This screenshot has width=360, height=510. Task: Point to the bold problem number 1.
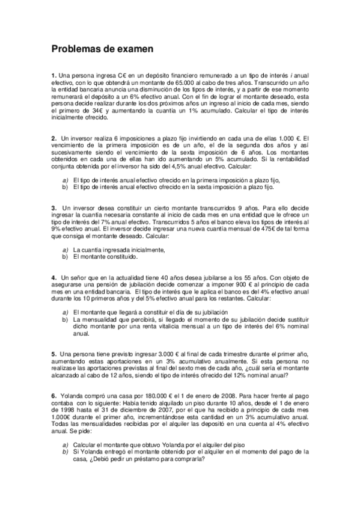(x=53, y=74)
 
